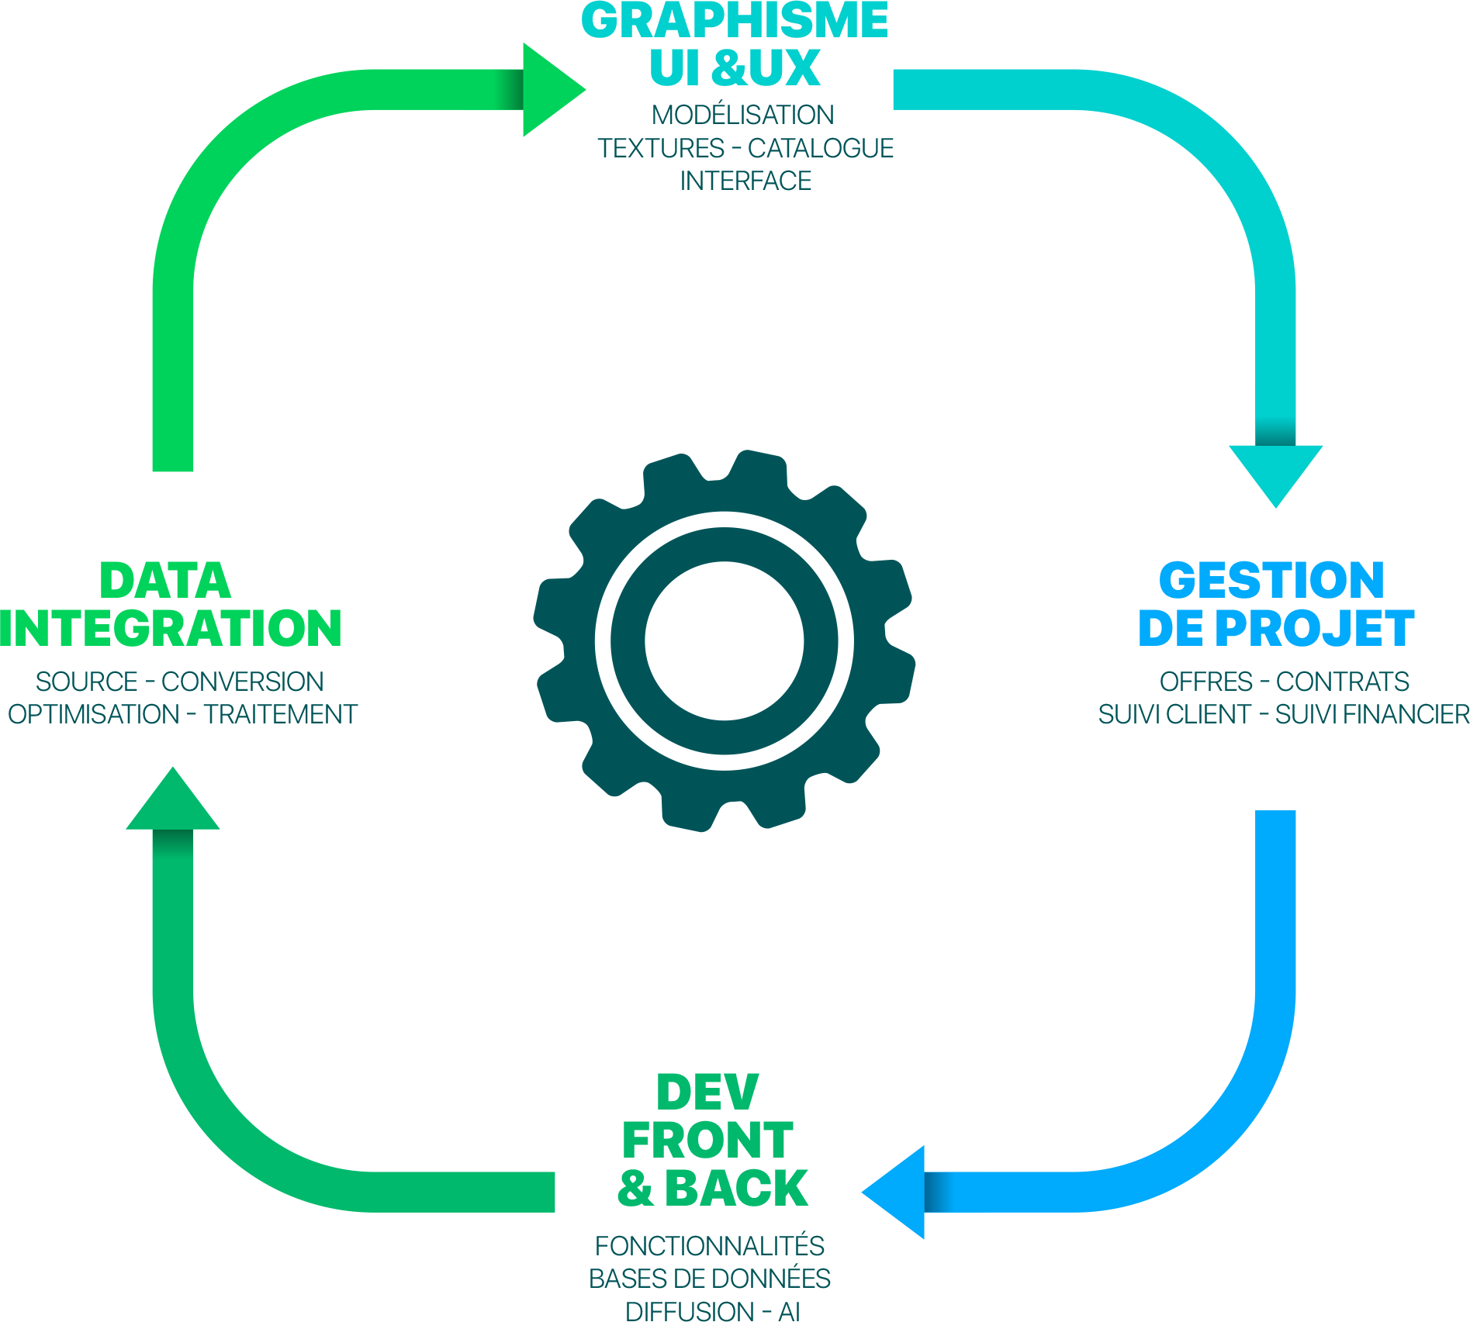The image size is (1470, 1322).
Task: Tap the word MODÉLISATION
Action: pos(742,115)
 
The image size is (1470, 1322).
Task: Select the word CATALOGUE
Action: pos(821,148)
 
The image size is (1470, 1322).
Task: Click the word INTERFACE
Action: pos(745,181)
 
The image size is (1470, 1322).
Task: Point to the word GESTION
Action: pos(1271,581)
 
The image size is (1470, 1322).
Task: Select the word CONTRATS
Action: pos(1343,682)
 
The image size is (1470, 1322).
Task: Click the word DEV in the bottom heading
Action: pos(707,1093)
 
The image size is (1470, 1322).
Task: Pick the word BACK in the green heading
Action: pos(737,1188)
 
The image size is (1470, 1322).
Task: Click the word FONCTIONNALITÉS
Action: pos(709,1246)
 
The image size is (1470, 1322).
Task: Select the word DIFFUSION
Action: pos(690,1311)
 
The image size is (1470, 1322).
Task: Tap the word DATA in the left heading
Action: pos(165,581)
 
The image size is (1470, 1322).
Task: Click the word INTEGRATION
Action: pos(171,628)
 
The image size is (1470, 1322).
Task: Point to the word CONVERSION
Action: pos(243,682)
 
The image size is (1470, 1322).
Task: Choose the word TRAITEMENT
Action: pos(280,714)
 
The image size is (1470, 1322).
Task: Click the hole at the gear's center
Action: pos(725,640)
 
